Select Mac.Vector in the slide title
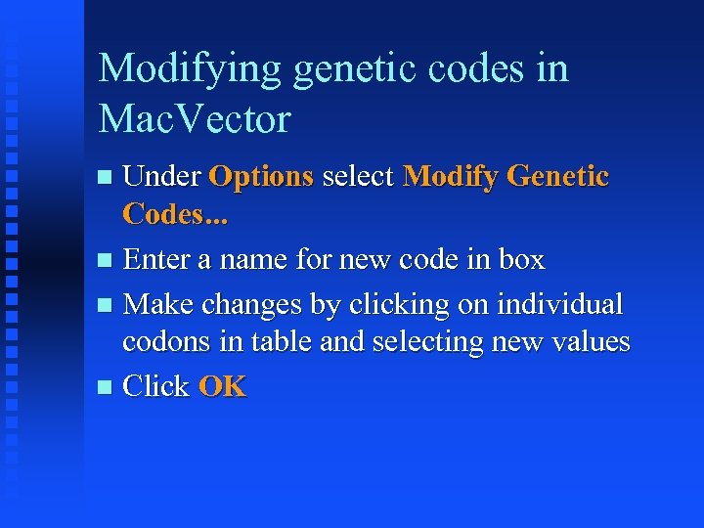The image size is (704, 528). [x=195, y=119]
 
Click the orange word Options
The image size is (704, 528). [x=261, y=177]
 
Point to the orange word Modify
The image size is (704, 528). [x=452, y=177]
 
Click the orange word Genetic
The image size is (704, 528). [x=559, y=177]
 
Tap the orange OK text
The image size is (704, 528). [x=223, y=387]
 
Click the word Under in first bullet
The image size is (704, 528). [x=161, y=177]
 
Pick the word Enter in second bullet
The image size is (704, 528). [x=156, y=260]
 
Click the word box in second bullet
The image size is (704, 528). [x=520, y=260]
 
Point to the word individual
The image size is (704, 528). [x=560, y=304]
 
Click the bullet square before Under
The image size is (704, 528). [x=107, y=178]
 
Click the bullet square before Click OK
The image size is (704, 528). [x=107, y=388]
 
